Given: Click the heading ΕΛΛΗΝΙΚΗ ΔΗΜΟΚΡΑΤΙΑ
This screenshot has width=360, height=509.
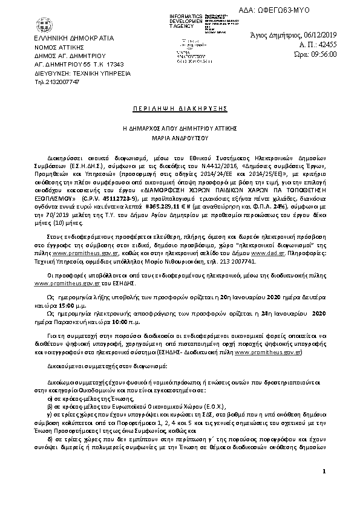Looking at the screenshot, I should pos(65,37).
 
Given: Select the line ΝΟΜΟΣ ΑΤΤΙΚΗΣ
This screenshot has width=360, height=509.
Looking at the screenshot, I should pos(57,46).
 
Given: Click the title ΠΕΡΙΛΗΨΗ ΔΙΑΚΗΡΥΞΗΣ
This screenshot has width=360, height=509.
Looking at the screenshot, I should pos(180,108).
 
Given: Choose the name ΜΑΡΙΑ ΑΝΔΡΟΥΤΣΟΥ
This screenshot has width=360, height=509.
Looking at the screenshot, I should pos(180,137).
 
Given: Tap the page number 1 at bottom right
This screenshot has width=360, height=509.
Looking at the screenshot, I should pos(324,488).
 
